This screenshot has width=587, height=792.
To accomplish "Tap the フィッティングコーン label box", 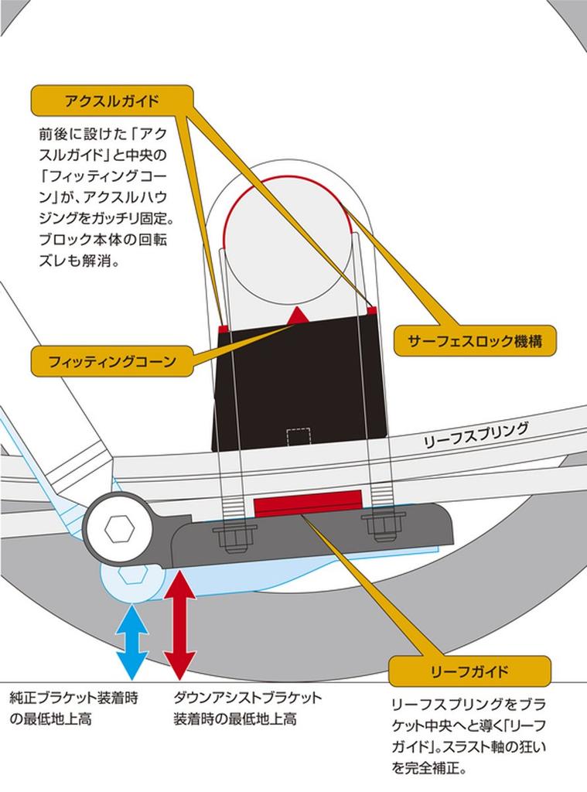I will [x=112, y=361].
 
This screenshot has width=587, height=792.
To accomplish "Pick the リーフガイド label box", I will [x=470, y=671].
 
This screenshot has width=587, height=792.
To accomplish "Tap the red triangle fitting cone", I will [x=297, y=316].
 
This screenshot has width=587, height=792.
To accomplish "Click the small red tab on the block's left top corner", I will [x=223, y=329].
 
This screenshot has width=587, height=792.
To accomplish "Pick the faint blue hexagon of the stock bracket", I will [x=132, y=577].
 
